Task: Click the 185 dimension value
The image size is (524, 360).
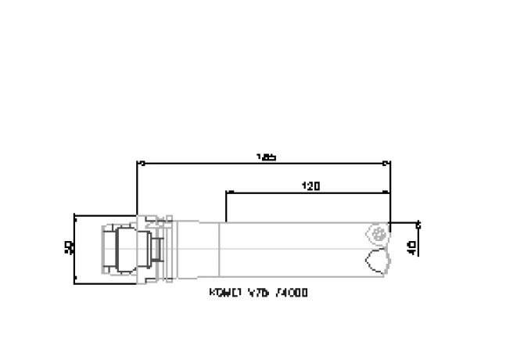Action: pyautogui.click(x=266, y=157)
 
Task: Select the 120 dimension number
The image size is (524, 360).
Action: pyautogui.click(x=310, y=186)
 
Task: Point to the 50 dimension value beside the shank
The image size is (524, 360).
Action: pyautogui.click(x=68, y=248)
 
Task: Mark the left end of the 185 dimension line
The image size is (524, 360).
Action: pyautogui.click(x=139, y=164)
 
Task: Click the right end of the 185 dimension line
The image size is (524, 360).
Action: pyautogui.click(x=389, y=164)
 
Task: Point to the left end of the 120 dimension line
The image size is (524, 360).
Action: pyautogui.click(x=226, y=192)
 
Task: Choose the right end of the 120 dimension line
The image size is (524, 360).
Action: pyautogui.click(x=389, y=192)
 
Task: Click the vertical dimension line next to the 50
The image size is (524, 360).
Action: pyautogui.click(x=74, y=248)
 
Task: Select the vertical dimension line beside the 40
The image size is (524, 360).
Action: pyautogui.click(x=418, y=239)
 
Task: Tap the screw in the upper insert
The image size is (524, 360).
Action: pyautogui.click(x=381, y=232)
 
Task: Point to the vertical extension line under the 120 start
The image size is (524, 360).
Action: pyautogui.click(x=226, y=207)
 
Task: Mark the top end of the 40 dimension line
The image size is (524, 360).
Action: pyautogui.click(x=418, y=223)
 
